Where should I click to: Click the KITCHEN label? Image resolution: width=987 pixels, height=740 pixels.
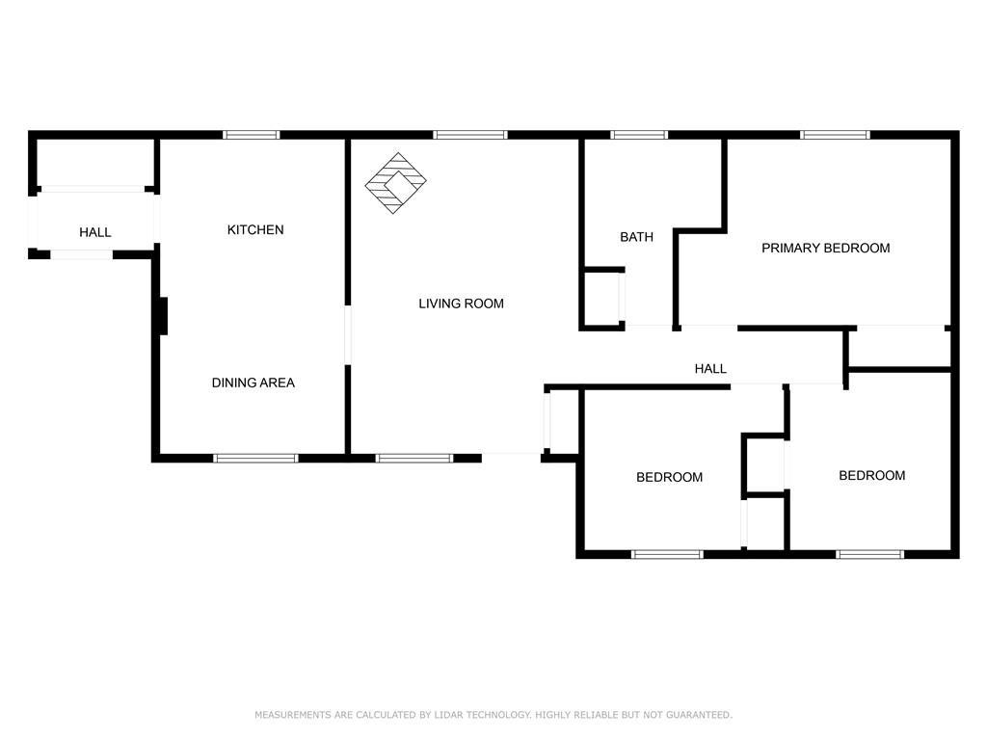pyautogui.click(x=255, y=229)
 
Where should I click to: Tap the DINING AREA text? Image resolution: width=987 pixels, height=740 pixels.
pyautogui.click(x=253, y=383)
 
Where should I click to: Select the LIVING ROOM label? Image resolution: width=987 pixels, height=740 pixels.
pyautogui.click(x=461, y=304)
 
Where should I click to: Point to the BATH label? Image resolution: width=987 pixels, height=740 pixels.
pyautogui.click(x=636, y=237)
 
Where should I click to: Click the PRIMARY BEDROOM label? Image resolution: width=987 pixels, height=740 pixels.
pyautogui.click(x=825, y=248)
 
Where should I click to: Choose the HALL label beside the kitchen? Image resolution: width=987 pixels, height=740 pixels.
pyautogui.click(x=95, y=232)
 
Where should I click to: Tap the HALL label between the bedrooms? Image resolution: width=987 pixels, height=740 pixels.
pyautogui.click(x=710, y=368)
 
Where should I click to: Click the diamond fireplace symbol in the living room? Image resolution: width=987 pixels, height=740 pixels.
pyautogui.click(x=396, y=182)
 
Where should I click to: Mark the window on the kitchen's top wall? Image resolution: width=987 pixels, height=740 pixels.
pyautogui.click(x=252, y=135)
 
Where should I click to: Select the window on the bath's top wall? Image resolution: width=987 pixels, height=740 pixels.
pyautogui.click(x=639, y=135)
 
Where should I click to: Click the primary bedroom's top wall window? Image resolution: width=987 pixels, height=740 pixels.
pyautogui.click(x=835, y=135)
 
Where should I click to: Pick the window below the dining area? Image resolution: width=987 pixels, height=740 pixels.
pyautogui.click(x=255, y=459)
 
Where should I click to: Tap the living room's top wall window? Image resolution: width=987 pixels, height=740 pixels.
pyautogui.click(x=469, y=135)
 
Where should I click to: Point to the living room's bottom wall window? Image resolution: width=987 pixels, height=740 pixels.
pyautogui.click(x=413, y=459)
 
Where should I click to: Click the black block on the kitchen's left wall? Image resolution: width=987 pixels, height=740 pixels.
pyautogui.click(x=162, y=316)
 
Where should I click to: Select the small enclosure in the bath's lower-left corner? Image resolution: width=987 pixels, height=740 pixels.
pyautogui.click(x=603, y=299)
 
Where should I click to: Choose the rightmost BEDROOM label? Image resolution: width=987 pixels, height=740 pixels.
pyautogui.click(x=871, y=475)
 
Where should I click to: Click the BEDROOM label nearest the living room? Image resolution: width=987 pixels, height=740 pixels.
pyautogui.click(x=669, y=477)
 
